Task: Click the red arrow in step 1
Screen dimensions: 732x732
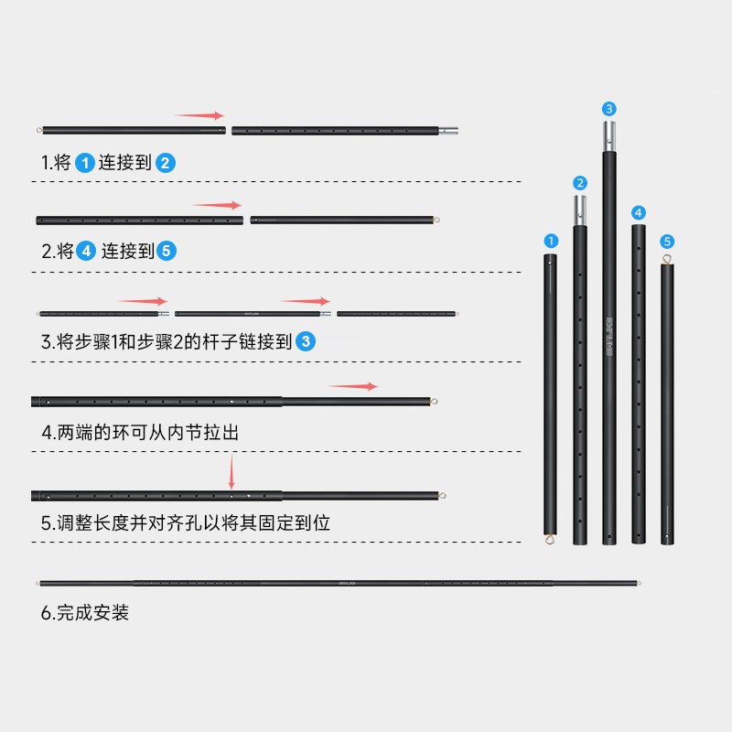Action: [x=199, y=116]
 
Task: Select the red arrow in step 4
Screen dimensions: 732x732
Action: [x=353, y=386]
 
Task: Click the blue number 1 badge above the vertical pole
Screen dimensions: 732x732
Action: [x=551, y=241]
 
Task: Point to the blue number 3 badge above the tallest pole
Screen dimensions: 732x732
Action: [x=609, y=109]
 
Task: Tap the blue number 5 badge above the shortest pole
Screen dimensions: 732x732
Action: [x=667, y=242]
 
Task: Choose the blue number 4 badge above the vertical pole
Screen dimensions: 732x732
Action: [x=639, y=212]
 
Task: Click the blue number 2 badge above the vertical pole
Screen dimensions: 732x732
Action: [x=580, y=183]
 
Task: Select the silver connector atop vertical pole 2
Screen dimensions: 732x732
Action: [x=580, y=211]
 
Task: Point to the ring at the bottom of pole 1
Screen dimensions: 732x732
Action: [x=551, y=539]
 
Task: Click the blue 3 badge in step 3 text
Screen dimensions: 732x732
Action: [x=307, y=342]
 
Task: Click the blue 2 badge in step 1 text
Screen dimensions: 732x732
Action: [x=165, y=164]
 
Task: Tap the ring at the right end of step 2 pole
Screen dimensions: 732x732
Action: [x=436, y=220]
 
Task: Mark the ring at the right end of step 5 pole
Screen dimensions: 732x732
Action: [x=443, y=496]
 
